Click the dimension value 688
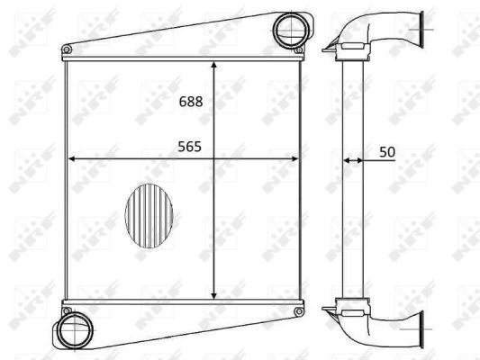point(191,103)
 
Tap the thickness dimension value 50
point(387,152)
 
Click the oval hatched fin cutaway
point(149,217)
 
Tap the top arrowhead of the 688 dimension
point(213,64)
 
